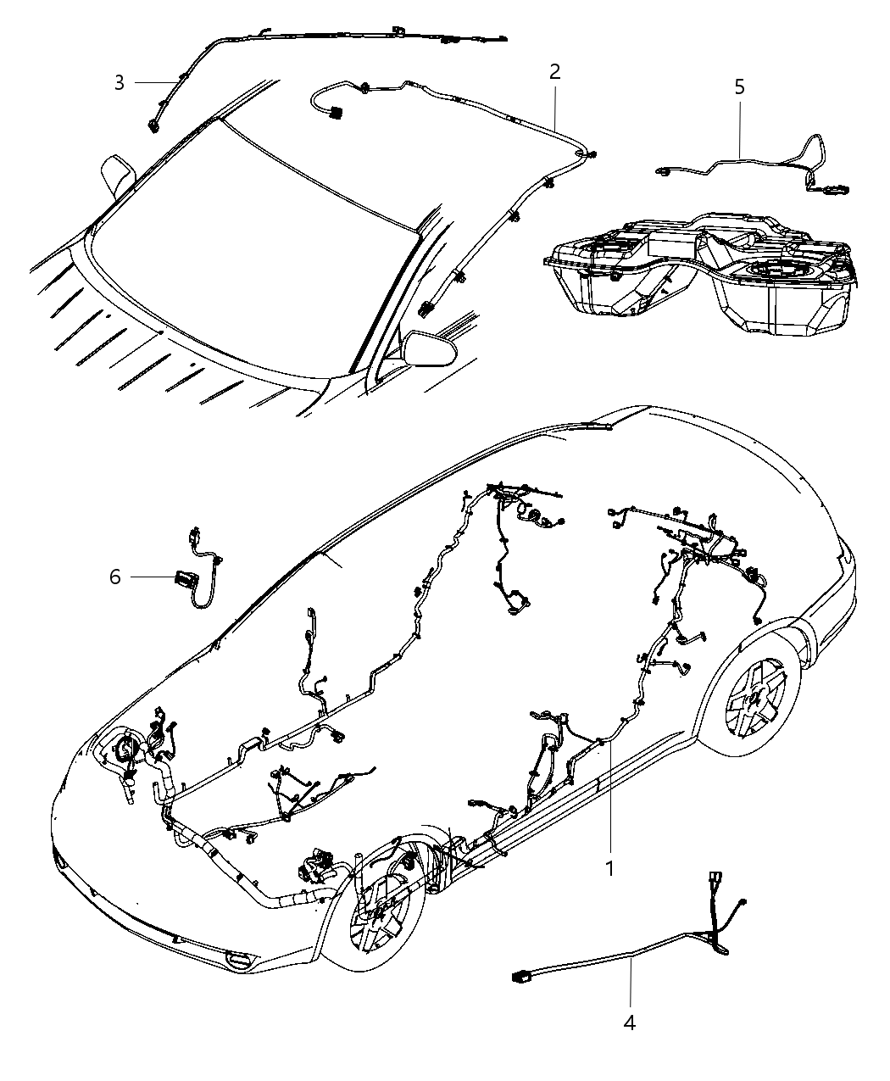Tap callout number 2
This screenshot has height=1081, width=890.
click(554, 72)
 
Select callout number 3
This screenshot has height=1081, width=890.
click(120, 82)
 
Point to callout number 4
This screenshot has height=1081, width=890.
click(629, 1023)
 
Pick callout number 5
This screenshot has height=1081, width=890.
click(739, 86)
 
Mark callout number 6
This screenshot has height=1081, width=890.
click(114, 577)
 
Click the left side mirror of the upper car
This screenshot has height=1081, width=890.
click(117, 176)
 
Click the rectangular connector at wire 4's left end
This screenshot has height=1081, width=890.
click(520, 978)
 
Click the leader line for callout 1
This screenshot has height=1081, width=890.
click(607, 797)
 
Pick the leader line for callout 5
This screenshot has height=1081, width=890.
click(739, 127)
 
